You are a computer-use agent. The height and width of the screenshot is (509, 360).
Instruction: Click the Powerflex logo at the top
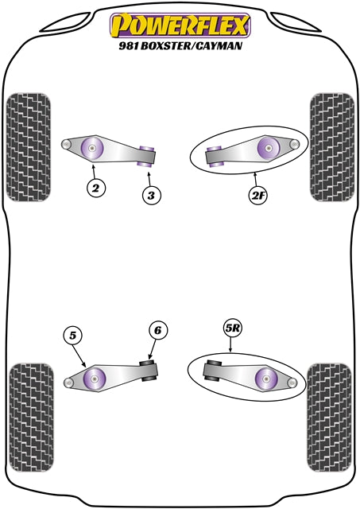[x=180, y=24]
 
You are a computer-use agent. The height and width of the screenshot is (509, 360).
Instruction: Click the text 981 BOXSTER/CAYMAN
[x=180, y=45]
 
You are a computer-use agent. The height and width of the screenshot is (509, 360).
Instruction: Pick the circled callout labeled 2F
[x=259, y=195]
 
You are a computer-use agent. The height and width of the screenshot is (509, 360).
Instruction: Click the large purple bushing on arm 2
[x=94, y=148]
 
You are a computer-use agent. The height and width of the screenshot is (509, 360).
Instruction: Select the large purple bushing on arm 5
[x=95, y=378]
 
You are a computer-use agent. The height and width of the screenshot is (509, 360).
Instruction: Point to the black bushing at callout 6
[x=147, y=371]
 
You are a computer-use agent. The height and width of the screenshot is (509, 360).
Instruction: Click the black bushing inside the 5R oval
[x=213, y=371]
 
